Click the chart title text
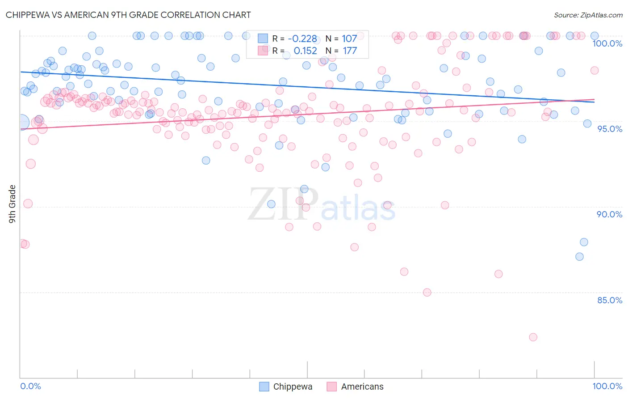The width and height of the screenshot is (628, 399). tap(128, 15)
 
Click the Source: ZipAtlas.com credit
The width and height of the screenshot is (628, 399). tap(588, 15)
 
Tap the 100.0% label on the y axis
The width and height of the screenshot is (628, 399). tap(607, 43)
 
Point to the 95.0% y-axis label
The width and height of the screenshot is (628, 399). tap(610, 129)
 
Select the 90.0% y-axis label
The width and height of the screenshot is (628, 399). tap(610, 214)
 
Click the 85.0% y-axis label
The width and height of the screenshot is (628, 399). tap(610, 300)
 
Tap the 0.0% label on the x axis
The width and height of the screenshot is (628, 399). tap(31, 386)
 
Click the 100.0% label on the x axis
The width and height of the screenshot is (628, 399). tap(607, 386)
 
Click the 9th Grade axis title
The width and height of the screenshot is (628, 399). tap(12, 204)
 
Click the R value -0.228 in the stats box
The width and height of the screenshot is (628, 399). tap(302, 39)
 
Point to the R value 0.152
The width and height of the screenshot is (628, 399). tap(305, 51)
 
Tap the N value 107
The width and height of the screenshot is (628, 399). tap(349, 39)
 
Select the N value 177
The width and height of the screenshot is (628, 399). tap(350, 51)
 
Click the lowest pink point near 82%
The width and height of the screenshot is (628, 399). tap(533, 337)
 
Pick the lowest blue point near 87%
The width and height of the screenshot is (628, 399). tap(579, 257)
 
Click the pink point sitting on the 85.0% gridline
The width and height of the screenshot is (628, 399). tap(427, 293)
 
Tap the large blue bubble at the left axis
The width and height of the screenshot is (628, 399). tap(21, 122)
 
